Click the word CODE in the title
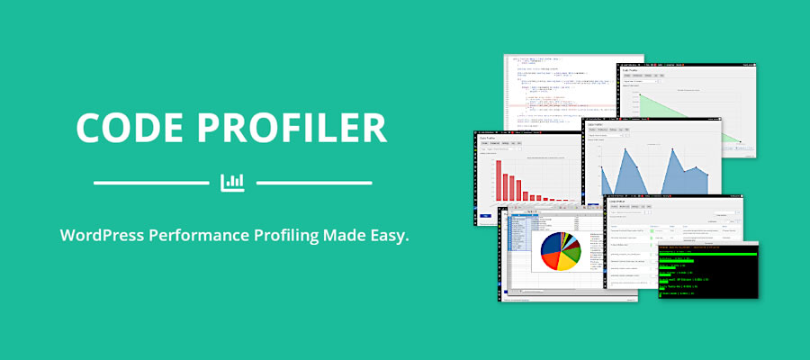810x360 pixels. click(131, 128)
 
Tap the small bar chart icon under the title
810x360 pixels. click(232, 182)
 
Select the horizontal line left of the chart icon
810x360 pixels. click(150, 183)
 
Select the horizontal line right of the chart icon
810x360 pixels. click(314, 183)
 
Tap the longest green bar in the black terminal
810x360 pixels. click(706, 254)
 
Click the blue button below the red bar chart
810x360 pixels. click(486, 217)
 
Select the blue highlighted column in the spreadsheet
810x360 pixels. click(517, 243)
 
